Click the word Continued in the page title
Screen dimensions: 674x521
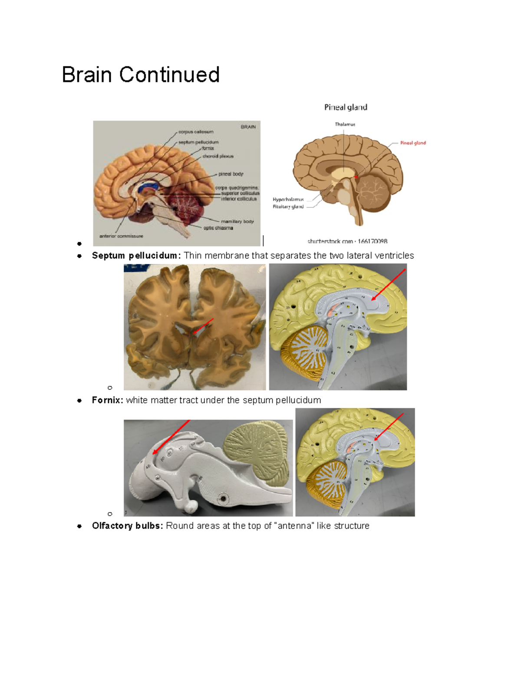point(169,75)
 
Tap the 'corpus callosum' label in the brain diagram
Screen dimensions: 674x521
point(196,132)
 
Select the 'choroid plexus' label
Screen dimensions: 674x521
point(218,156)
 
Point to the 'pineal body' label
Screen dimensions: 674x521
point(231,174)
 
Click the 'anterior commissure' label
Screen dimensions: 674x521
point(121,236)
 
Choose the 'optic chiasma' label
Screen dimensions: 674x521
point(218,228)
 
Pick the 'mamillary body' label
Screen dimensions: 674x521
point(237,221)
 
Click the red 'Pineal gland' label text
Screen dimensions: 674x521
point(413,143)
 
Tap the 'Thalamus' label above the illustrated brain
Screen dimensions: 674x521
point(345,125)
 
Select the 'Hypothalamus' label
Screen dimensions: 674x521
point(288,200)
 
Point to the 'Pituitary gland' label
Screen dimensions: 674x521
point(288,207)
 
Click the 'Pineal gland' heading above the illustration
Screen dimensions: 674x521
point(346,107)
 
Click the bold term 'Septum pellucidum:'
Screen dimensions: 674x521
point(136,256)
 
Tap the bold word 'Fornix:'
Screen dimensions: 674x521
point(108,400)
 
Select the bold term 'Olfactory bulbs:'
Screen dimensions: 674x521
point(128,526)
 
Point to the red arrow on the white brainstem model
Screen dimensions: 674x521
point(171,437)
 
